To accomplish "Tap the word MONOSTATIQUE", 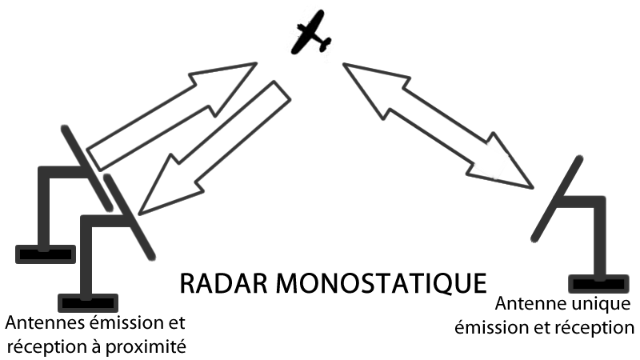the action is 382,284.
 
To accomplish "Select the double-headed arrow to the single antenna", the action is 438,126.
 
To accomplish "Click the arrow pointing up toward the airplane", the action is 172,116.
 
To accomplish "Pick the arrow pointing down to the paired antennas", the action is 214,147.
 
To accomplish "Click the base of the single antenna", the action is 598,284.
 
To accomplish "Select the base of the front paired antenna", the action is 88,303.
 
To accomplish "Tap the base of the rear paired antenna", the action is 46,254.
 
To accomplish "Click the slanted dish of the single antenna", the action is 557,198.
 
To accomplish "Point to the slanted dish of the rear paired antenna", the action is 87,168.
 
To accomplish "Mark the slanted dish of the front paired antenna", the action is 130,217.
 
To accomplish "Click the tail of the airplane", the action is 325,44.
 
